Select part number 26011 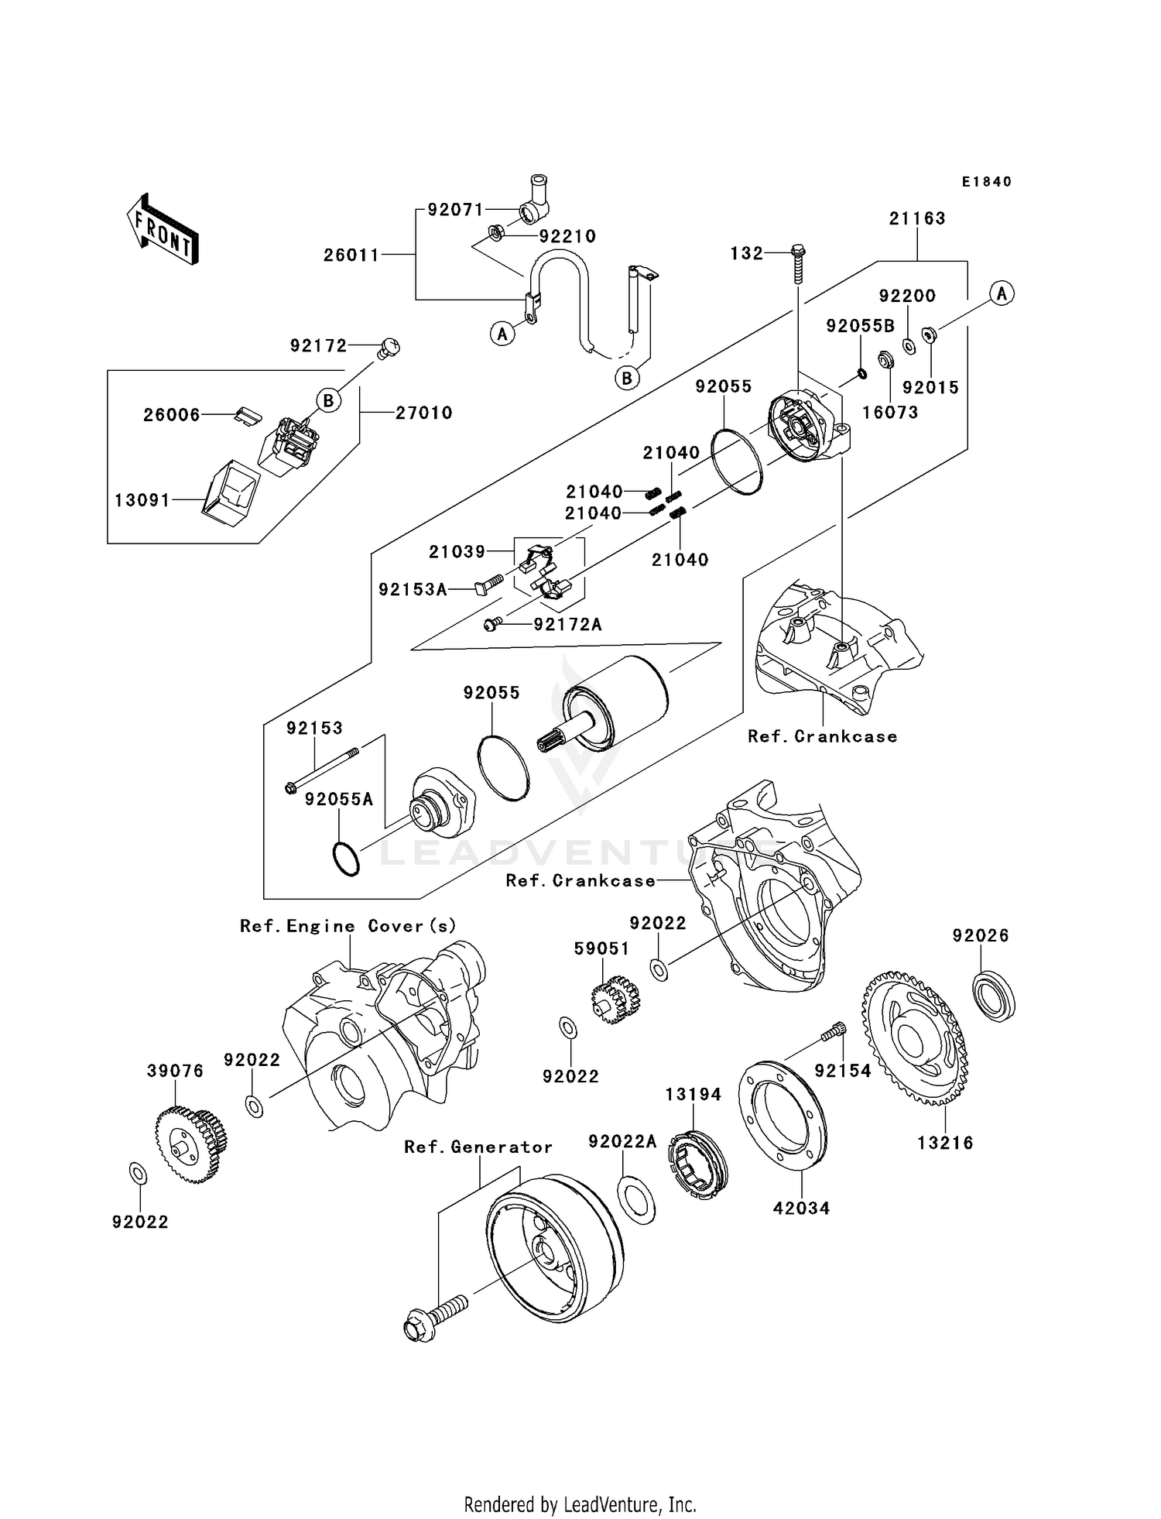point(351,255)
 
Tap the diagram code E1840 point(987,182)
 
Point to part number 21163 point(917,218)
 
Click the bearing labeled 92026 point(993,999)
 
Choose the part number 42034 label point(801,1208)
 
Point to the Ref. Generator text point(478,1147)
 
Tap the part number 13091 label point(142,500)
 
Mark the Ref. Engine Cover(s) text point(348,926)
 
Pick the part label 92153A point(413,590)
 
